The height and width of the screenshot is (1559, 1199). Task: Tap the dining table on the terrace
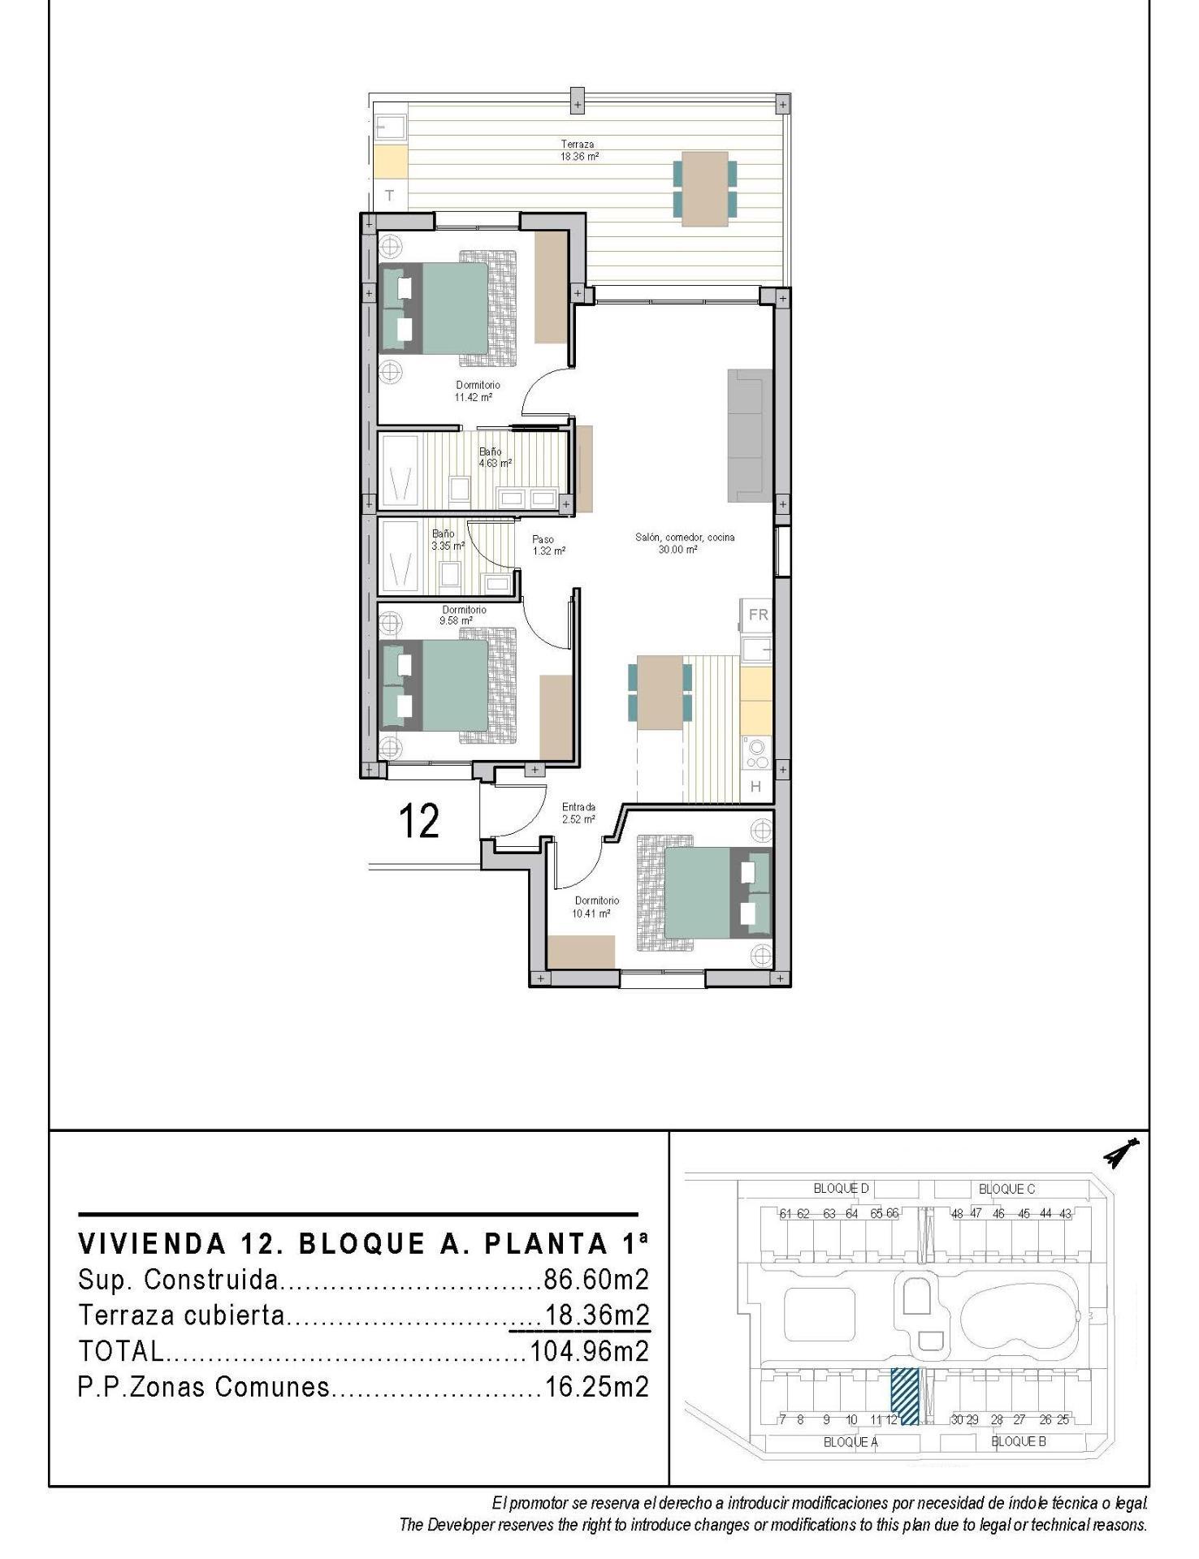[x=704, y=188]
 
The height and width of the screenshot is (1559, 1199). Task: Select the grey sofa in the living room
[x=749, y=434]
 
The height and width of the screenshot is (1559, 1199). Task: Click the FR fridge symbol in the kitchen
[x=758, y=615]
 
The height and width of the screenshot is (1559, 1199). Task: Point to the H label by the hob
[x=755, y=786]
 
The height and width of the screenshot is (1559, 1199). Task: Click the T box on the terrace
[x=390, y=196]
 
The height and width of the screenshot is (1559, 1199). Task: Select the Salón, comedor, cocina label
[x=685, y=543]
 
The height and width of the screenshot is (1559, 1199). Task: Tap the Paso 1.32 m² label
[x=548, y=545]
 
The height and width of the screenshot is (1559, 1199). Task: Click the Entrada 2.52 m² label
[x=578, y=813]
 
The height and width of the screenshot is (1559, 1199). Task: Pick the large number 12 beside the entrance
[x=420, y=821]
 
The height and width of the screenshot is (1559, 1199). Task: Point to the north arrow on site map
[x=1122, y=1154]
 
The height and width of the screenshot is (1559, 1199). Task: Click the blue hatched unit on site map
[x=905, y=1396]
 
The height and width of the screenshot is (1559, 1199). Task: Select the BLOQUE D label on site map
[x=841, y=1189]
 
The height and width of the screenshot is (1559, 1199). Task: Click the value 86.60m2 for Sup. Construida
[x=596, y=1280]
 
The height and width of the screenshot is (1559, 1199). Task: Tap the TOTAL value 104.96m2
[x=589, y=1351]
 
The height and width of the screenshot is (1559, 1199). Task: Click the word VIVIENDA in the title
[x=151, y=1244]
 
